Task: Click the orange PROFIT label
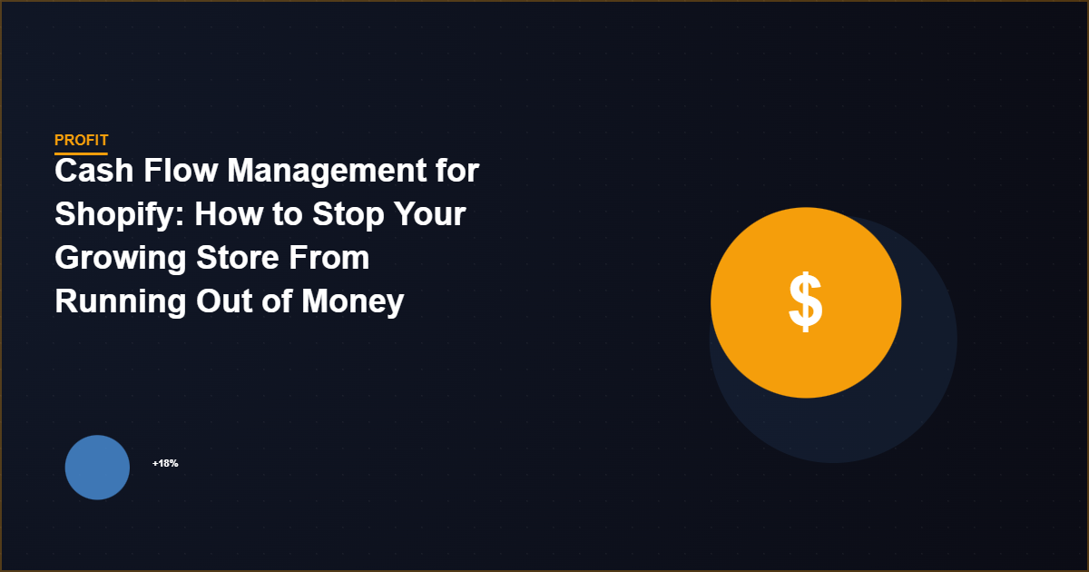coord(81,140)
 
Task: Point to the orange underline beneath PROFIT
coord(81,153)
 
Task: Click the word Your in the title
coord(430,214)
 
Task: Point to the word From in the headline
coord(331,258)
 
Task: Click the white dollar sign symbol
coord(805,302)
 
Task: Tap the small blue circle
coord(97,468)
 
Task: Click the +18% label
coord(165,463)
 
